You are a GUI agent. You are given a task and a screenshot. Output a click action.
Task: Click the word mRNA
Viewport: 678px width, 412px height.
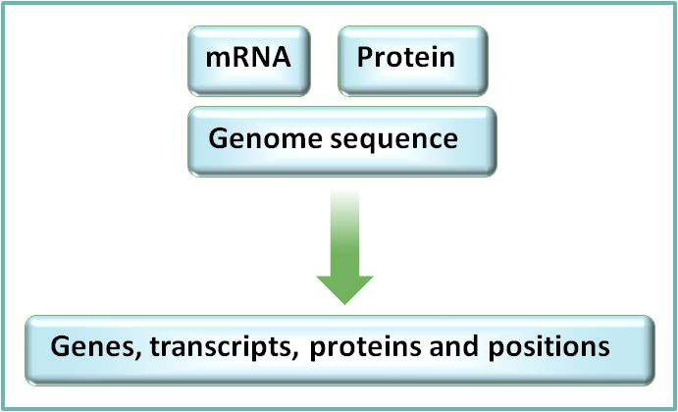pos(248,57)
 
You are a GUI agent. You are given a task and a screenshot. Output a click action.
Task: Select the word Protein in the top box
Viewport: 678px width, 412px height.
pos(406,57)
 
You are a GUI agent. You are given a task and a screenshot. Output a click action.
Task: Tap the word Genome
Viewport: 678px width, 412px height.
pos(258,138)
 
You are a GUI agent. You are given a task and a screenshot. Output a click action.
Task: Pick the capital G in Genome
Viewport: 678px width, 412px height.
pos(218,138)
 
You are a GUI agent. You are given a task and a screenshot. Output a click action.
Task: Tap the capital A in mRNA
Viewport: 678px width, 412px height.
pos(281,57)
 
